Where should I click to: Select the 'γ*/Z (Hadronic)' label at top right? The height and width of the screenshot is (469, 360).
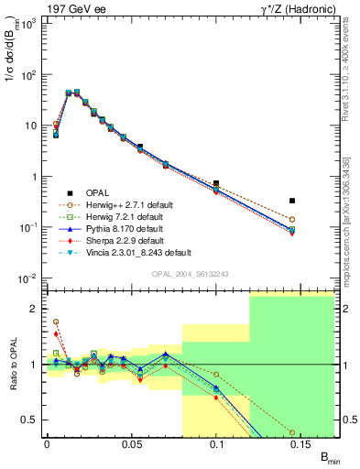tap(300, 8)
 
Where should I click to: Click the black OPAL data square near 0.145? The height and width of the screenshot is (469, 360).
tap(292, 201)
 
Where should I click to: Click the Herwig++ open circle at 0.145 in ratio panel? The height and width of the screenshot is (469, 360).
tap(292, 431)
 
